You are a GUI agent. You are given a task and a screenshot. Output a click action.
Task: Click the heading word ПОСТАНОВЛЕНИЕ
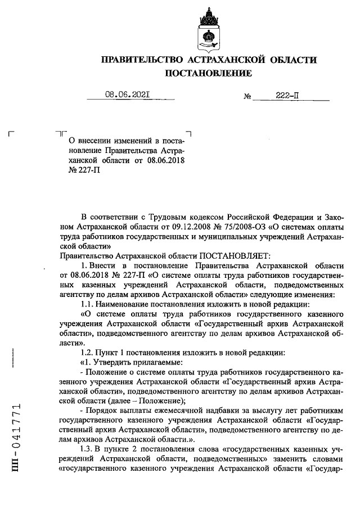[208, 74]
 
